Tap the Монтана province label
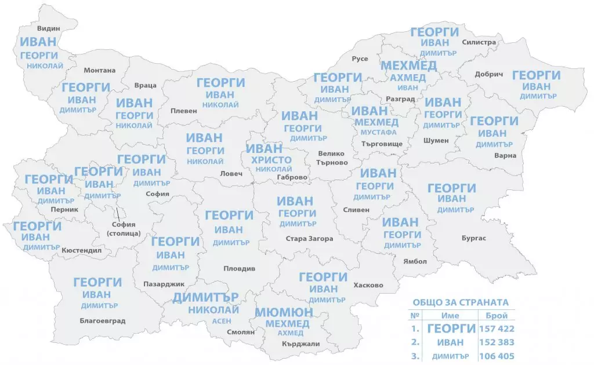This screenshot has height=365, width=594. [x=99, y=71]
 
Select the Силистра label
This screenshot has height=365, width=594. [x=479, y=42]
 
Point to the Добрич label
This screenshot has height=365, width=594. [x=488, y=74]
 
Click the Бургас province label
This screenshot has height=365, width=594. [x=474, y=238]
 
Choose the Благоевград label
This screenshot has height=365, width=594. [x=102, y=320]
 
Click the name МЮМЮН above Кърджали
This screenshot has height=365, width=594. [x=284, y=312]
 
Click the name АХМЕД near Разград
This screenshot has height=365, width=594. [x=408, y=77]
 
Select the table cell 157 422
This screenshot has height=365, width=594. [x=497, y=329]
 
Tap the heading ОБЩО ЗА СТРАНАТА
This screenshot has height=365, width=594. [x=460, y=302]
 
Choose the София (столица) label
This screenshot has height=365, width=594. [x=124, y=229]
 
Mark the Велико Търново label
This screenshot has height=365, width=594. [x=332, y=158]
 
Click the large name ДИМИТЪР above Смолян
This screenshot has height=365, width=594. [x=205, y=297]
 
